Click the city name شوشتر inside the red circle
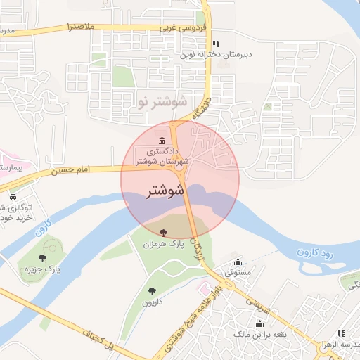click(x=167, y=191)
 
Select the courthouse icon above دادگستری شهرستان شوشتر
click(x=162, y=139)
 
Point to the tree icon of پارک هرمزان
click(x=164, y=231)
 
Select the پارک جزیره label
click(x=42, y=269)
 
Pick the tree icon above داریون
click(x=152, y=291)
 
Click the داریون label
click(x=152, y=302)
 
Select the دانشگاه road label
click(x=198, y=105)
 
